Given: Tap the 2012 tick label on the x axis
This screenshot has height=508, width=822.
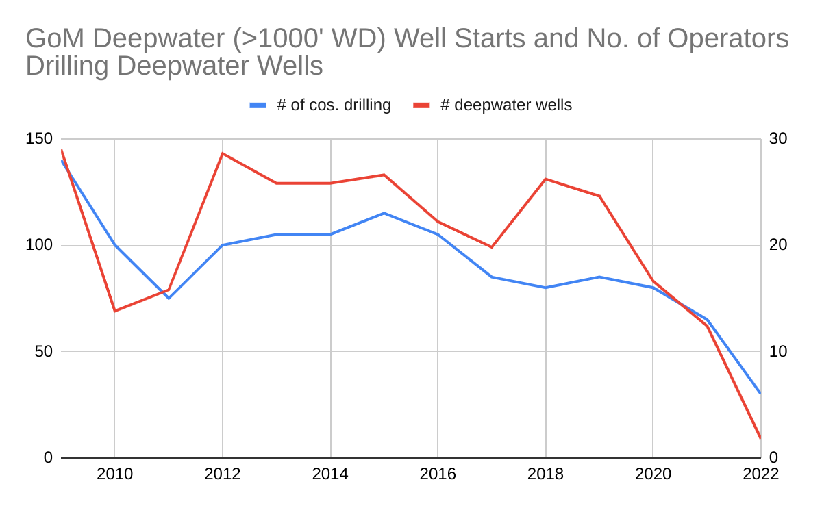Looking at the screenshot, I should (222, 474).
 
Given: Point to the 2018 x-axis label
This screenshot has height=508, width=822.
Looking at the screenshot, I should (546, 474).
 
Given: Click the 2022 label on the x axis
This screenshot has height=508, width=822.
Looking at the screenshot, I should (761, 474).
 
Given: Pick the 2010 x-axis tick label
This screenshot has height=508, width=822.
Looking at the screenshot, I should (114, 474).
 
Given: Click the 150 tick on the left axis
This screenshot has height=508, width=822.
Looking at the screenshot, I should (40, 139).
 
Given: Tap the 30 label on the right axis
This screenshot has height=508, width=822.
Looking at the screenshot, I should (779, 139).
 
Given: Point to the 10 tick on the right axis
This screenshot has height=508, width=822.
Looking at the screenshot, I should (779, 352).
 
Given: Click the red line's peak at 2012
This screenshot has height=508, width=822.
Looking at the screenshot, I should (222, 153).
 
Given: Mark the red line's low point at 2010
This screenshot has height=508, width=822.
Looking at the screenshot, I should (114, 311).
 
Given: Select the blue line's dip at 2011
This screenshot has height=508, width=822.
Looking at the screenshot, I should (169, 298).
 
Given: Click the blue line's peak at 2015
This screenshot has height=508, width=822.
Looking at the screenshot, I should (384, 213).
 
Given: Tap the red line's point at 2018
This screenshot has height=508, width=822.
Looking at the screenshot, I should (546, 179).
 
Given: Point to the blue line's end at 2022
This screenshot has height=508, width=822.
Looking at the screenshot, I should (760, 394).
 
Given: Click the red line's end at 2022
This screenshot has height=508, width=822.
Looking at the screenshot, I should (760, 438).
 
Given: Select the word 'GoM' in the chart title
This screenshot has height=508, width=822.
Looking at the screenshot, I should (55, 38).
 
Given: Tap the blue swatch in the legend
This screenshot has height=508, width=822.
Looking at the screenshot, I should (258, 105).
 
